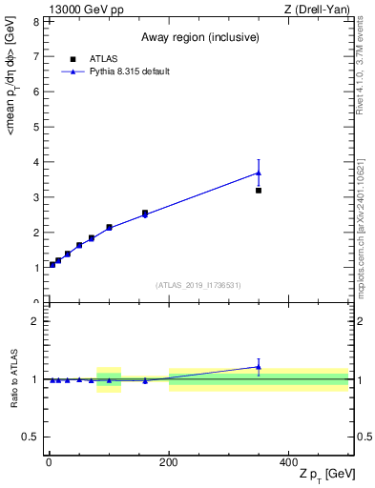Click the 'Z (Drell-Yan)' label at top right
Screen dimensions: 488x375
point(321,10)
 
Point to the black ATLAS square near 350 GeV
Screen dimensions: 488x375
point(259,191)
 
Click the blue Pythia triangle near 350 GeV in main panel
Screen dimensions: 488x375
point(259,173)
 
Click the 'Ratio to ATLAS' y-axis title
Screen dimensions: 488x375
point(14,379)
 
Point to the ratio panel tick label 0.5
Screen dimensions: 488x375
point(31,437)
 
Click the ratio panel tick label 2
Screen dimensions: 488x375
point(35,321)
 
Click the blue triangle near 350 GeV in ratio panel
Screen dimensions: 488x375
point(259,367)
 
